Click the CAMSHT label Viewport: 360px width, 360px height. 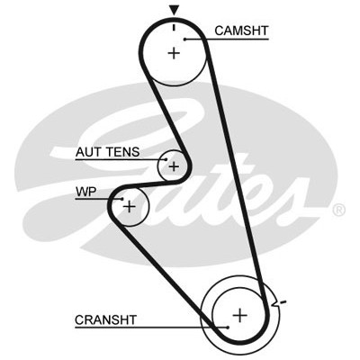[241, 31]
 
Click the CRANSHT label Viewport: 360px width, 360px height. [105, 320]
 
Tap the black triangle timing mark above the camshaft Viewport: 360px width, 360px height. [174, 10]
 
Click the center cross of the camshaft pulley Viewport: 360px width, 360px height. [174, 53]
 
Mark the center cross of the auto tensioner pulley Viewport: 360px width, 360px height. [174, 166]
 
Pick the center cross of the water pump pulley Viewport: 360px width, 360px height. [130, 207]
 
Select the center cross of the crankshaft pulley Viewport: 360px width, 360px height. [240, 315]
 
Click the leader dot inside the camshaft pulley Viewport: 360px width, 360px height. [185, 39]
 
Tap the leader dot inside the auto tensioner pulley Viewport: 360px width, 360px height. [165, 159]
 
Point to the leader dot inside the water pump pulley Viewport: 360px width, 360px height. [122, 199]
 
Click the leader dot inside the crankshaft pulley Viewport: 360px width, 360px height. [228, 328]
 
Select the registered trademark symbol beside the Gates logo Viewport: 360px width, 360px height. [339, 210]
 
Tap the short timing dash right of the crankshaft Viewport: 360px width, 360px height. [283, 301]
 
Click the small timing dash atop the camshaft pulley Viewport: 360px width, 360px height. [174, 27]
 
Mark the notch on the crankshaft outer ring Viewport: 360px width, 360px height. [274, 303]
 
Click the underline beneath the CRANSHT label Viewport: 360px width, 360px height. [151, 328]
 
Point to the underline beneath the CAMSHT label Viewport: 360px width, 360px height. [227, 39]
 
